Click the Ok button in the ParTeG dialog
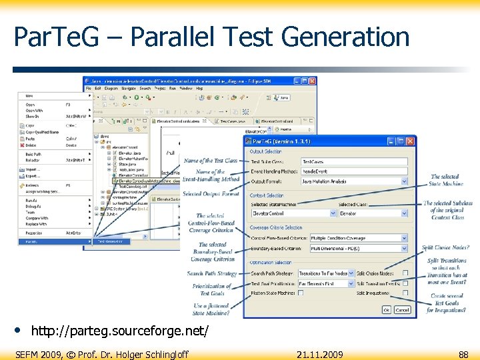387,309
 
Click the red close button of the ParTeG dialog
410,141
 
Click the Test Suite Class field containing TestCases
353,162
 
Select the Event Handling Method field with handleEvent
353,171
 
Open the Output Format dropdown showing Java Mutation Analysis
353,181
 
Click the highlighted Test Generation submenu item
112,241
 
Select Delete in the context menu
31,144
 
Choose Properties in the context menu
34,233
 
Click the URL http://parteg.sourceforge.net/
120,331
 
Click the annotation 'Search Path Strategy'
212,273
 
